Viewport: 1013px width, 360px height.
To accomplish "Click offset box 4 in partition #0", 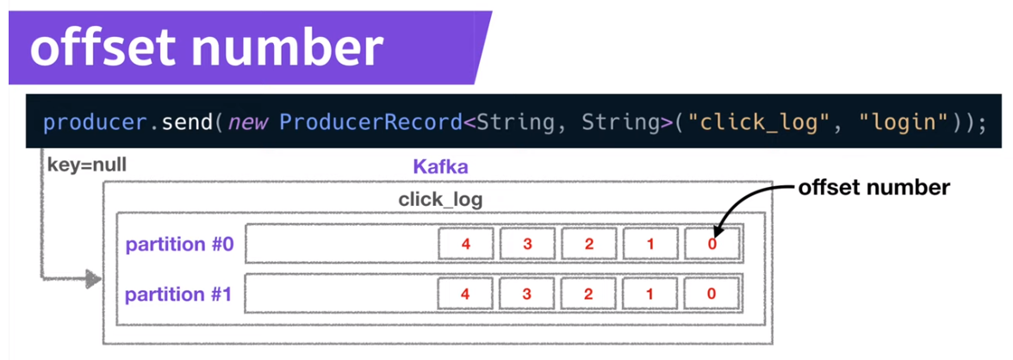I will (x=466, y=244).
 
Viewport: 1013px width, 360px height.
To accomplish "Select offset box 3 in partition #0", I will (x=527, y=244).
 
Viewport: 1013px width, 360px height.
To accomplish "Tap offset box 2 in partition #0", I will (x=589, y=244).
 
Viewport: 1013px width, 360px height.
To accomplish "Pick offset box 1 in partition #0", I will (x=650, y=244).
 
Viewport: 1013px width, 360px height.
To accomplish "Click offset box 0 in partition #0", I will (x=712, y=244).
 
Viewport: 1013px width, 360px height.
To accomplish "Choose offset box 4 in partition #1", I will (x=466, y=294).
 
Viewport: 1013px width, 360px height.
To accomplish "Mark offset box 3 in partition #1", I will (x=527, y=294).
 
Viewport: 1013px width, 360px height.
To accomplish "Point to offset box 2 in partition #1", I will (x=589, y=294).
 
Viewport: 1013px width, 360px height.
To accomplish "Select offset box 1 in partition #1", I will (x=650, y=294).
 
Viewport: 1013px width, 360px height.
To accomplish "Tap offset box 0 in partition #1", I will (x=712, y=294).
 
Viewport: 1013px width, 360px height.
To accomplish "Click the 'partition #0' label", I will (x=180, y=245).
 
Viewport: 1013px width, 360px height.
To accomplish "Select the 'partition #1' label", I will (x=180, y=295).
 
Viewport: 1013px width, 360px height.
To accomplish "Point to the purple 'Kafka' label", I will (x=440, y=166).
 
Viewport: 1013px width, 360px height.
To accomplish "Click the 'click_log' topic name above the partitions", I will (x=440, y=200).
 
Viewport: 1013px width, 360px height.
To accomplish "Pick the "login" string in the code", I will (x=898, y=122).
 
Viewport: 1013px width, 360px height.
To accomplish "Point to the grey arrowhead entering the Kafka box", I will (x=91, y=279).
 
